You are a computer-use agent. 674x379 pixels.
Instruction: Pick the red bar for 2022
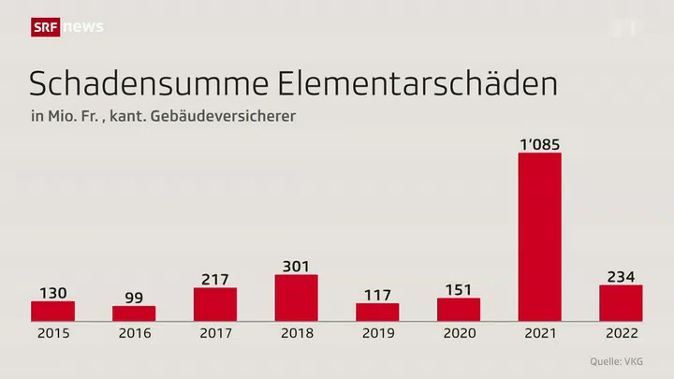tap(621, 302)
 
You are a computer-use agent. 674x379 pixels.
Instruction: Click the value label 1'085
tap(539, 143)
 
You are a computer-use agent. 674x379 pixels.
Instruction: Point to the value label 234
tap(621, 276)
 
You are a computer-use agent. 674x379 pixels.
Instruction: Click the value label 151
tap(459, 289)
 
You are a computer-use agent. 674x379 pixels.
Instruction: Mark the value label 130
tap(53, 292)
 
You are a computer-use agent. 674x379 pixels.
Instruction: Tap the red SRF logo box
tap(46, 27)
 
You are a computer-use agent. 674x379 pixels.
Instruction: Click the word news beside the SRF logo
tap(82, 27)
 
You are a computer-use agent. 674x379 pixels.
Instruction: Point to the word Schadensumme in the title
tap(151, 83)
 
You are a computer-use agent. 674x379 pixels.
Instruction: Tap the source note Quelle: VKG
tap(617, 361)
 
